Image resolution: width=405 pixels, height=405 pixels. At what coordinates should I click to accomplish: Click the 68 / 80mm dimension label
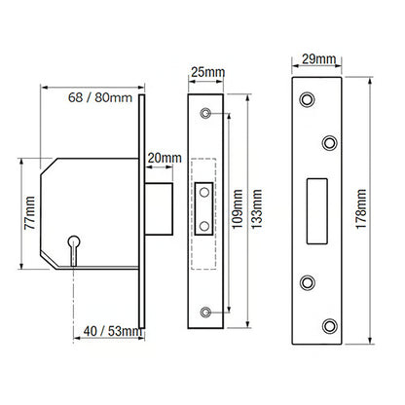tap(100, 97)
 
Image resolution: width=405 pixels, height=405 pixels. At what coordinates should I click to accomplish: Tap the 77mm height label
tap(30, 212)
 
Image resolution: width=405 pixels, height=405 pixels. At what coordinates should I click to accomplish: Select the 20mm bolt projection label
tap(165, 158)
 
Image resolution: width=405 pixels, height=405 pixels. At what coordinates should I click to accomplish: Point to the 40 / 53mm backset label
tap(113, 331)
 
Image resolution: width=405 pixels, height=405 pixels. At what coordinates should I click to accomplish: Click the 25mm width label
tap(207, 72)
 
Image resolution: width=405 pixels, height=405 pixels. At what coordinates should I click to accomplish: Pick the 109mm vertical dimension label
tap(238, 209)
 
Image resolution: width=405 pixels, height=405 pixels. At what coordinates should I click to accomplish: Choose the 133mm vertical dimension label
tap(257, 209)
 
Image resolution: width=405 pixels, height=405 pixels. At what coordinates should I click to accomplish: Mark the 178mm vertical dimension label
tap(361, 209)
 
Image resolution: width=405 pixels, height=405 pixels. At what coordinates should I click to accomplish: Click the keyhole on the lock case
tap(74, 250)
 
